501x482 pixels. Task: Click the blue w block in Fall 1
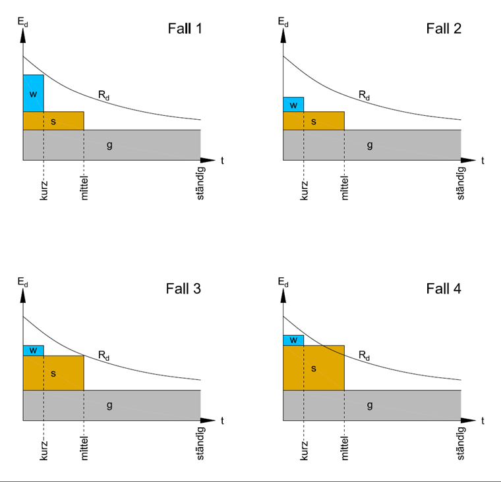pyautogui.click(x=33, y=93)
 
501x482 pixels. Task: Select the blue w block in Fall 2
pyautogui.click(x=293, y=104)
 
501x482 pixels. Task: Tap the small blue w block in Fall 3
pyautogui.click(x=33, y=350)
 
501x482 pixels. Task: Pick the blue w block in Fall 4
pyautogui.click(x=293, y=340)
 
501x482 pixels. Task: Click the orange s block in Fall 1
pyautogui.click(x=53, y=121)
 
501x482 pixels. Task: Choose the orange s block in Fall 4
pyautogui.click(x=314, y=367)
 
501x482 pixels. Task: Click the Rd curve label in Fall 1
pyautogui.click(x=104, y=95)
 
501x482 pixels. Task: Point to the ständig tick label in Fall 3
pyautogui.click(x=201, y=444)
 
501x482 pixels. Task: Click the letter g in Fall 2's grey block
pyautogui.click(x=370, y=145)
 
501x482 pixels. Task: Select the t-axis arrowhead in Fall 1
pyautogui.click(x=209, y=160)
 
